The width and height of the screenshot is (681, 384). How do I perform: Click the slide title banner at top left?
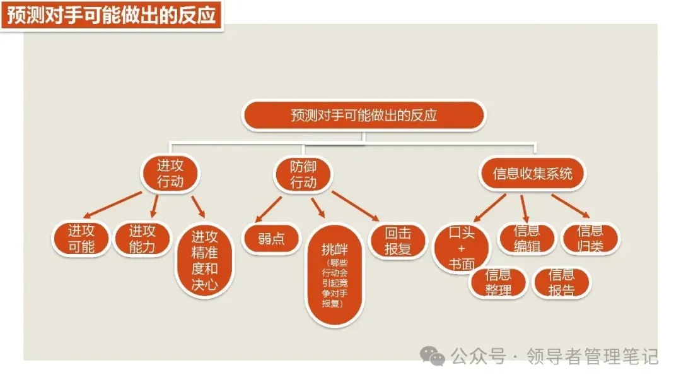(x=112, y=14)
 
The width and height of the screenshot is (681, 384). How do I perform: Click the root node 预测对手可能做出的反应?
(x=363, y=116)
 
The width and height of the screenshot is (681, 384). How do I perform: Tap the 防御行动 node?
(x=303, y=174)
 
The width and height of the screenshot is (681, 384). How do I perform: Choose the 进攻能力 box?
(x=142, y=239)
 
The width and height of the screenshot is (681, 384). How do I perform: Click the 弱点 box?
(x=271, y=239)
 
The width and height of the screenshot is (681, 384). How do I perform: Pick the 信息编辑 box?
(x=527, y=239)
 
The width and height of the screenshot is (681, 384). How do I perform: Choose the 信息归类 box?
(x=590, y=239)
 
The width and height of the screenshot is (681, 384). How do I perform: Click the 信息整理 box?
(x=498, y=283)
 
